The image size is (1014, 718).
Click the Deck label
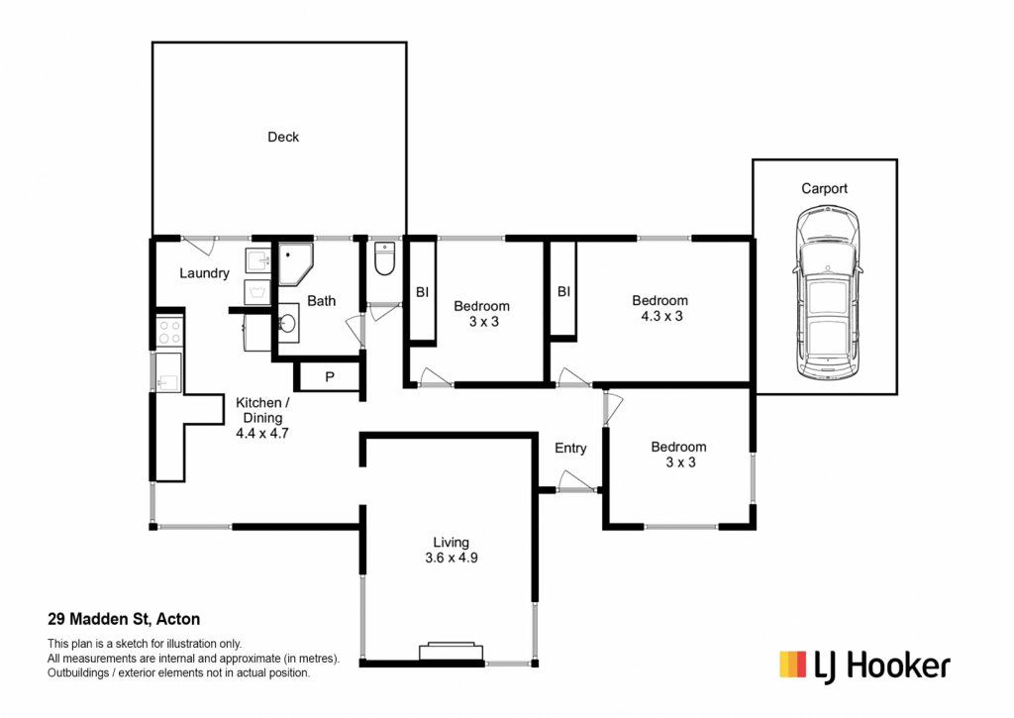click(283, 137)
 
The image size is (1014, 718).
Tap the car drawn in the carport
click(827, 292)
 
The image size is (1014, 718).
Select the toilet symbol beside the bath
click(384, 258)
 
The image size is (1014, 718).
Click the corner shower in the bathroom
click(295, 263)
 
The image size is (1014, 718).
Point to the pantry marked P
click(330, 376)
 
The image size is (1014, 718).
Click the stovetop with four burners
click(169, 332)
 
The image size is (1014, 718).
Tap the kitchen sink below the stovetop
click(168, 372)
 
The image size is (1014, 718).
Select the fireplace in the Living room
click(451, 652)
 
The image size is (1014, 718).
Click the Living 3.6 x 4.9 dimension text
click(452, 559)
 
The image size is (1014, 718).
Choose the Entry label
click(570, 449)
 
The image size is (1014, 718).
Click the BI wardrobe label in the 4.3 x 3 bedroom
click(563, 292)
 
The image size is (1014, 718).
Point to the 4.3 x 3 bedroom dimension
click(661, 316)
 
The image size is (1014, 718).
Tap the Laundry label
click(204, 273)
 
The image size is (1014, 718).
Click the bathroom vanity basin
click(288, 323)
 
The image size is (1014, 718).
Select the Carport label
click(824, 188)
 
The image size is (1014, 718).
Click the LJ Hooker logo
click(865, 666)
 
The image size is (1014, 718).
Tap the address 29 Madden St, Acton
click(124, 619)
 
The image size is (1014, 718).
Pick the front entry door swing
click(575, 481)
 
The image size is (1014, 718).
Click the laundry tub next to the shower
click(258, 260)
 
